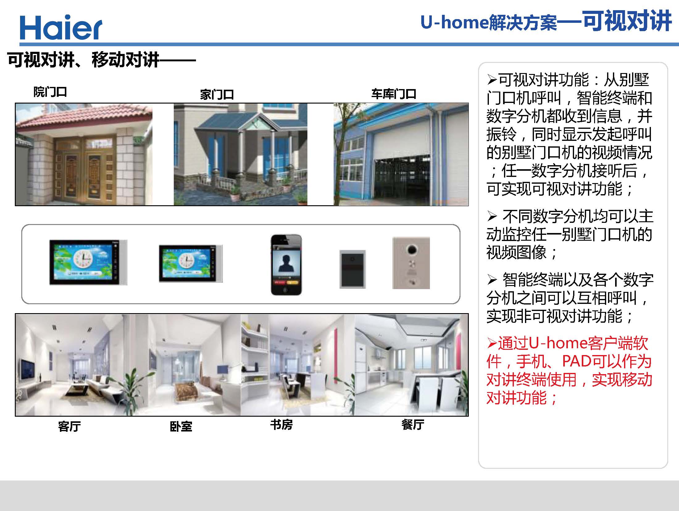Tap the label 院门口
click(50, 92)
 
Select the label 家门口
click(217, 95)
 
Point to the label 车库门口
click(394, 94)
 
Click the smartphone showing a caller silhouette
click(286, 265)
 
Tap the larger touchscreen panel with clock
click(88, 263)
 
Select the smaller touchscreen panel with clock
click(191, 264)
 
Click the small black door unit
click(352, 269)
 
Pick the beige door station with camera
click(411, 263)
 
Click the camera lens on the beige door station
click(411, 249)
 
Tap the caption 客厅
click(69, 427)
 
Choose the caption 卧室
click(181, 427)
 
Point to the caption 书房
click(281, 425)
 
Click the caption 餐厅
click(413, 425)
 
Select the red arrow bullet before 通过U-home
click(492, 343)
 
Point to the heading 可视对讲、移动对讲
click(83, 60)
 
